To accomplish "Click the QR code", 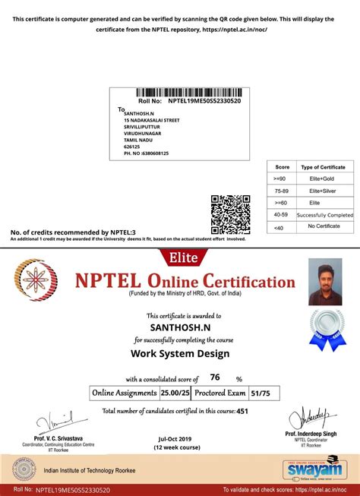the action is click(x=230, y=215).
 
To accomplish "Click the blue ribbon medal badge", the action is click(x=324, y=331).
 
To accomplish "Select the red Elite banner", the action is click(x=179, y=257).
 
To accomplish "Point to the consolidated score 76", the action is click(x=215, y=378).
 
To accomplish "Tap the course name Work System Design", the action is click(x=180, y=353).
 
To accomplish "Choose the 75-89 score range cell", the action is click(x=282, y=191).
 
